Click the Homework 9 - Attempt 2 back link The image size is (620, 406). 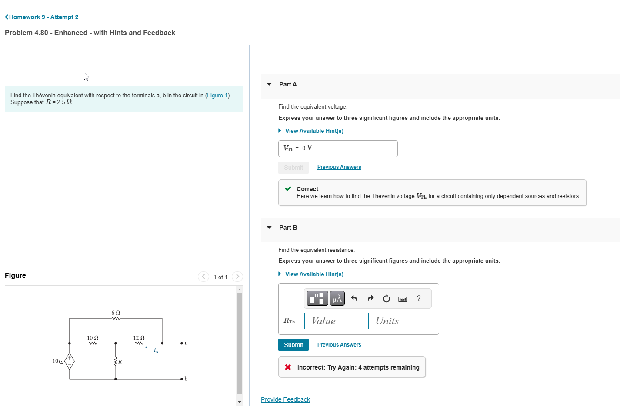tap(42, 17)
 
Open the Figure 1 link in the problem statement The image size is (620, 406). tap(217, 96)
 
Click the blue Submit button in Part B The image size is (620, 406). tap(293, 345)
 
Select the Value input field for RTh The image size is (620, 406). tap(336, 321)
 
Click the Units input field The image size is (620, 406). tap(400, 321)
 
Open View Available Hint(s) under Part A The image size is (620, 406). tap(314, 131)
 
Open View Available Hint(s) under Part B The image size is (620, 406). tap(314, 274)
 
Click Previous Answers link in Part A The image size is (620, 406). tap(339, 167)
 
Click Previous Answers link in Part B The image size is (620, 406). tap(339, 345)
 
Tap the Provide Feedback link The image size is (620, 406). tap(285, 399)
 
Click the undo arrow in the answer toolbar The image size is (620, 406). tap(354, 298)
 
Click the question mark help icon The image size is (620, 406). tap(419, 298)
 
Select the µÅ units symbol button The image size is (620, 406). tap(337, 298)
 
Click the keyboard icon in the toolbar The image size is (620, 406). tap(403, 299)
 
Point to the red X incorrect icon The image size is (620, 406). tap(288, 367)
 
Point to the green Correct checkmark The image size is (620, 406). tap(288, 189)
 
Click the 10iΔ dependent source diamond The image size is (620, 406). tap(70, 361)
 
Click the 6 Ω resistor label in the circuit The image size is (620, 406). tap(116, 313)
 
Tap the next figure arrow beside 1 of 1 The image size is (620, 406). tap(237, 277)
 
